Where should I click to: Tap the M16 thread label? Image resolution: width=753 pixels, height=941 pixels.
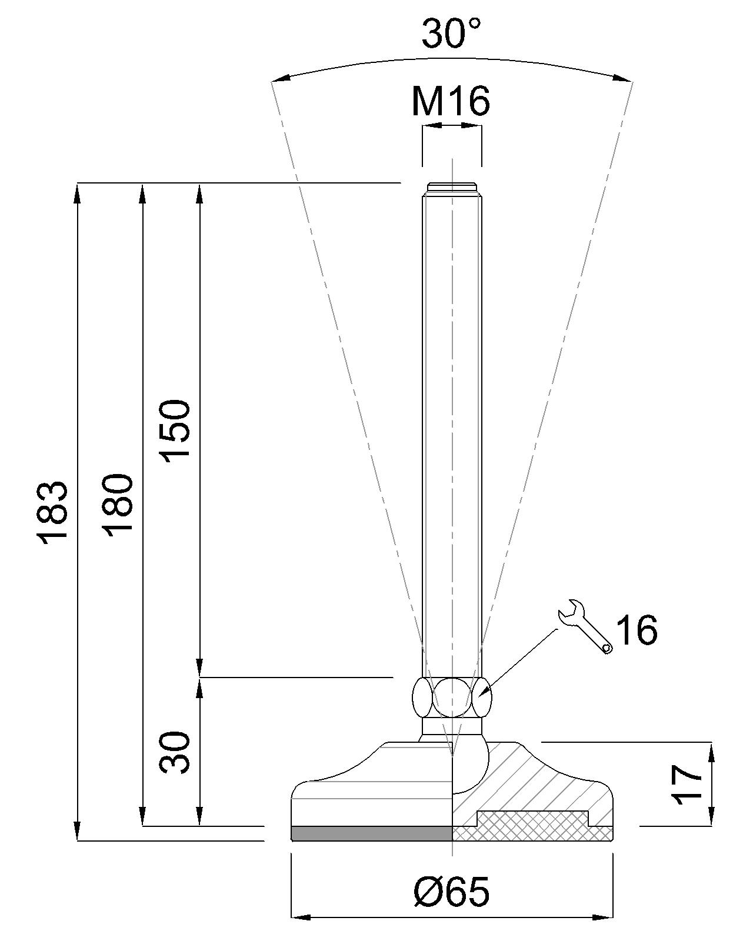450,101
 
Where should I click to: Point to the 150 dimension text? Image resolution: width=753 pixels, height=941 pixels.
176,432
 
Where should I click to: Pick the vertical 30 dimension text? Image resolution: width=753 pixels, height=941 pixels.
176,753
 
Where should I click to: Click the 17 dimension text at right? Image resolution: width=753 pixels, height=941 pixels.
687,785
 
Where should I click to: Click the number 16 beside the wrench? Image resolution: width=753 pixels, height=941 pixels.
637,630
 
